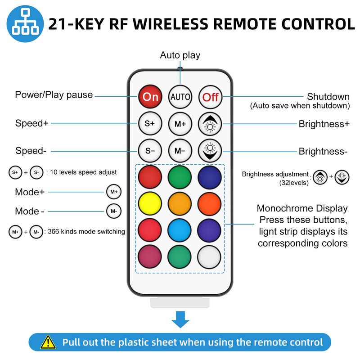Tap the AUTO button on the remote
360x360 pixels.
(180, 97)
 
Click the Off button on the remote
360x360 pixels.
(210, 97)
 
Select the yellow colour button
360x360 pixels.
(150, 204)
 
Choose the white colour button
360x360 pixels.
(209, 257)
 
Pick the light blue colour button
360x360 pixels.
(180, 230)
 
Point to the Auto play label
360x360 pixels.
(180, 55)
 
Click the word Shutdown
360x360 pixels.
(328, 96)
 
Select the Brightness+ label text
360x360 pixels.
(324, 124)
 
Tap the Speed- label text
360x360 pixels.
(31, 151)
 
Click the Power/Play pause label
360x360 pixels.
(54, 94)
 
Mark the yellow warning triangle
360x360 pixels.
(48, 342)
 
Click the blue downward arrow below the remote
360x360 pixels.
(180, 319)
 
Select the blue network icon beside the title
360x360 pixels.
(25, 24)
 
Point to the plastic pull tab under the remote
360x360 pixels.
(180, 302)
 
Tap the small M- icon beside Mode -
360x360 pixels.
(114, 211)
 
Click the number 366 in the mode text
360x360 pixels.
(53, 231)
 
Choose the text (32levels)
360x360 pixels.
(294, 183)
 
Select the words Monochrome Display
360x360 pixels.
(302, 208)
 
